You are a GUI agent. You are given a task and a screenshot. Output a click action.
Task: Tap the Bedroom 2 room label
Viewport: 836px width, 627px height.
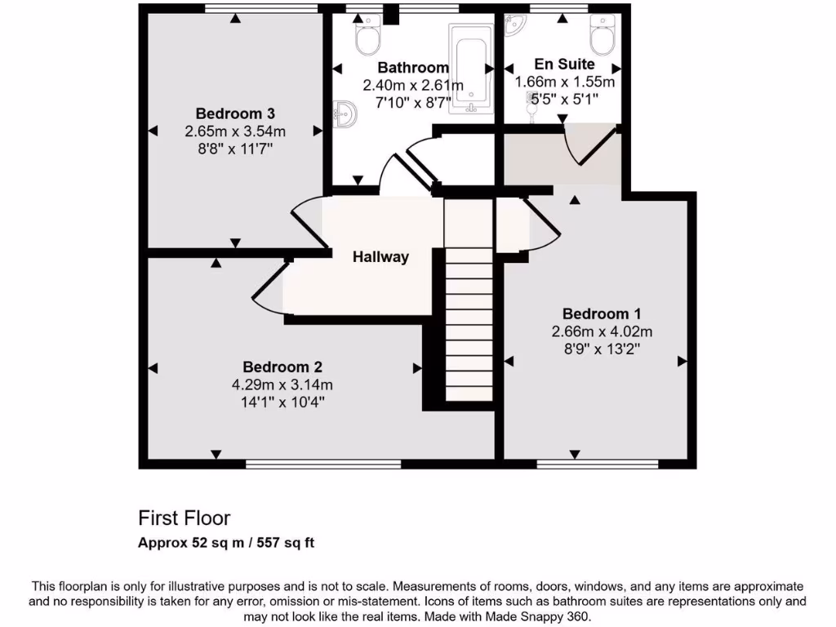(276, 367)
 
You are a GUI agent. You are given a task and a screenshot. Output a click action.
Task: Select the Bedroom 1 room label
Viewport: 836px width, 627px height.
(602, 313)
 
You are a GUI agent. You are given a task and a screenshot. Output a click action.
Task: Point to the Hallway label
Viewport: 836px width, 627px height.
(380, 257)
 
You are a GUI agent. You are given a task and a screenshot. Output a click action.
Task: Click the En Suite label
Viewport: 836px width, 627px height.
(564, 64)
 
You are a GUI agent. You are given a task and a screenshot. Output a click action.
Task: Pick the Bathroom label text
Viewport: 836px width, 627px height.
(413, 68)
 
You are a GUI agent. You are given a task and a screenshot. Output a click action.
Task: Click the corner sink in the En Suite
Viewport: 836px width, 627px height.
(514, 29)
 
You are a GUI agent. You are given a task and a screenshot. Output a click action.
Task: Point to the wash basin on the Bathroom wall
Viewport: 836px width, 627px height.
(344, 112)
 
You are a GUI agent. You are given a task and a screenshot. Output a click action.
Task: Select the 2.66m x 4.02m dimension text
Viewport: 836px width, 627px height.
(602, 331)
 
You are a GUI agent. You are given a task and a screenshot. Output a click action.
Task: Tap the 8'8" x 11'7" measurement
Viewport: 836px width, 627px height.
(235, 149)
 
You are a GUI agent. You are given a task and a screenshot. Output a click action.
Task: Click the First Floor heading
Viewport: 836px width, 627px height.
(185, 518)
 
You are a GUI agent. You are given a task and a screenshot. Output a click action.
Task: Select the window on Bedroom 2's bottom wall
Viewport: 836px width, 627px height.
(323, 464)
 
